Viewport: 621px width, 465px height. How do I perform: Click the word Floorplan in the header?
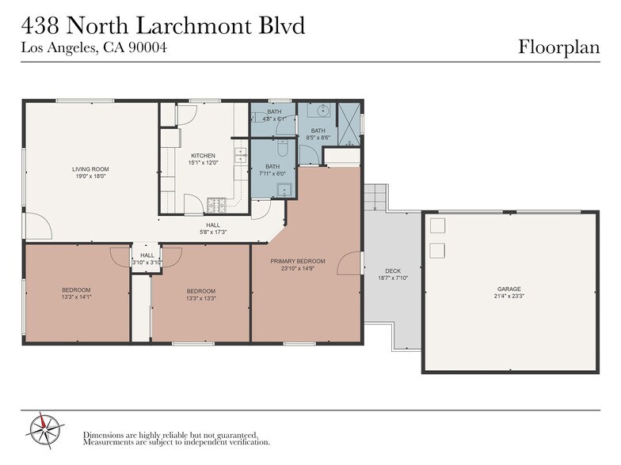pyautogui.click(x=558, y=47)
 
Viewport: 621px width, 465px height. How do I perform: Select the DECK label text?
pyautogui.click(x=393, y=271)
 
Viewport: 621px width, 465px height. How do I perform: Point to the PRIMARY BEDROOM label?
pyautogui.click(x=297, y=261)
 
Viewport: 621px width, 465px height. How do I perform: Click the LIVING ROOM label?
pyautogui.click(x=90, y=169)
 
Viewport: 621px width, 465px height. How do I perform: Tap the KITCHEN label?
pyautogui.click(x=203, y=155)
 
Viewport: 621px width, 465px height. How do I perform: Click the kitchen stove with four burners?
pyautogui.click(x=216, y=205)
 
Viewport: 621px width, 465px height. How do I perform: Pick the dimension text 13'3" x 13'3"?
pyautogui.click(x=201, y=299)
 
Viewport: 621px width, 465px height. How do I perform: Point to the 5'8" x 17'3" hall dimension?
pyautogui.click(x=213, y=232)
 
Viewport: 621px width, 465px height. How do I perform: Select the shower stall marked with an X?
pyautogui.click(x=349, y=123)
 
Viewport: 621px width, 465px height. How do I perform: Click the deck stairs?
pyautogui.click(x=375, y=197)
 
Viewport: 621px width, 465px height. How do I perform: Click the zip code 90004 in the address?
pyautogui.click(x=147, y=47)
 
